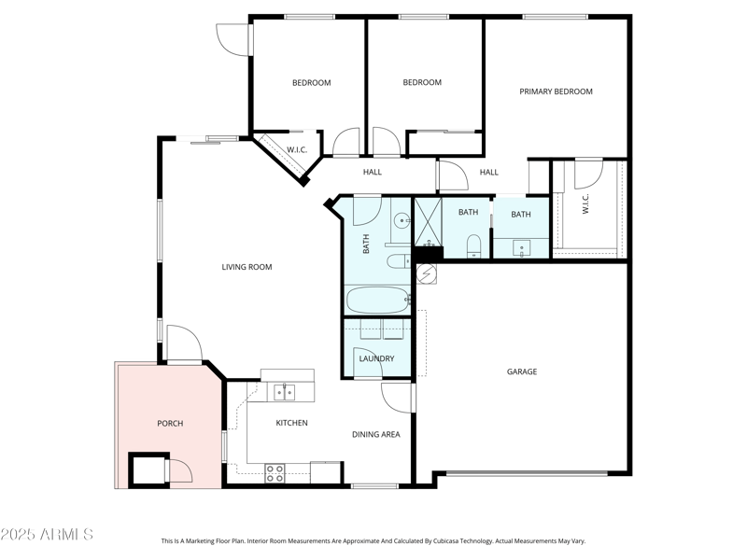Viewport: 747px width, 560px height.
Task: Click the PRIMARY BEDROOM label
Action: point(556,91)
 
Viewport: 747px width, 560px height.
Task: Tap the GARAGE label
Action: point(521,371)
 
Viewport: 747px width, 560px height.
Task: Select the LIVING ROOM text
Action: point(247,267)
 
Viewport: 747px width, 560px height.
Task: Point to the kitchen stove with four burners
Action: point(275,473)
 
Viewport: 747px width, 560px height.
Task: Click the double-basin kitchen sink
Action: point(284,393)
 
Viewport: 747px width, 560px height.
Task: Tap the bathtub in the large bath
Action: point(377,301)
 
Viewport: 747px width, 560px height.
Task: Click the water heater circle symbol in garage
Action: point(426,273)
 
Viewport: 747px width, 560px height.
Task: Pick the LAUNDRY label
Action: point(375,358)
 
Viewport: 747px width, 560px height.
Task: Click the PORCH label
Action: point(170,424)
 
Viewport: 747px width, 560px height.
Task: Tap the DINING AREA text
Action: point(375,434)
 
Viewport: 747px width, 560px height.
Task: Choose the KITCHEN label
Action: point(291,423)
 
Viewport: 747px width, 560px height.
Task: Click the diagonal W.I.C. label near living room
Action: point(297,149)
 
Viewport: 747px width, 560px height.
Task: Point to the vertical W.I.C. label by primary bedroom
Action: point(586,203)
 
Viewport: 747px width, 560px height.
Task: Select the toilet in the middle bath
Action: point(472,245)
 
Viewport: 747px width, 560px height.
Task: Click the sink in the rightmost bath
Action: point(521,248)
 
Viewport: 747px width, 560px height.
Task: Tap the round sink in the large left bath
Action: point(400,221)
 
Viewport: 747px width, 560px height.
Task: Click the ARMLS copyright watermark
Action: point(47,535)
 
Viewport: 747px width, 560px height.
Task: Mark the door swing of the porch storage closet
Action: point(179,470)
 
